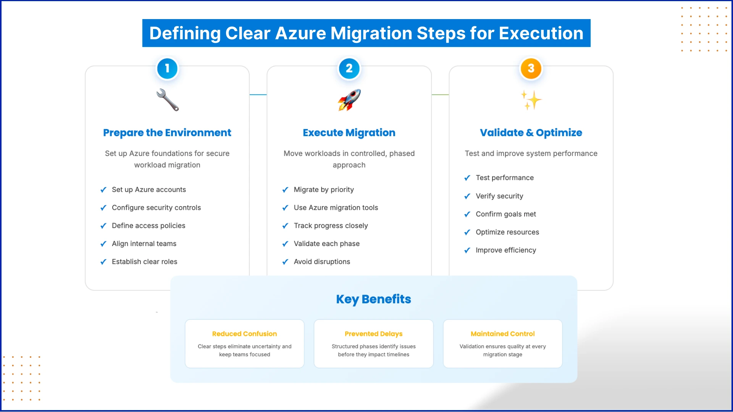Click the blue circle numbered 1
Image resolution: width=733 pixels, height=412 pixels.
tap(167, 69)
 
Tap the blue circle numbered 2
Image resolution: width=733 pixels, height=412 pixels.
tap(349, 69)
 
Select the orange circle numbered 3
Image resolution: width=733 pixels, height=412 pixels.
tap(531, 69)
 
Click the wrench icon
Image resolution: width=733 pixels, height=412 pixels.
tap(168, 100)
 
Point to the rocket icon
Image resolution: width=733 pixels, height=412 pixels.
tap(349, 100)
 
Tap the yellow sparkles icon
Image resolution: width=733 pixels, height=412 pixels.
tap(531, 100)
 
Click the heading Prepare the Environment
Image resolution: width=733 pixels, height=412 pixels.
tap(167, 133)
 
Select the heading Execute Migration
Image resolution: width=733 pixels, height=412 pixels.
tap(349, 133)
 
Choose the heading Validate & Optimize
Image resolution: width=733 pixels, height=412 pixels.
tap(531, 133)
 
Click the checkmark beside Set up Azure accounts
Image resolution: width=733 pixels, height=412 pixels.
tap(103, 190)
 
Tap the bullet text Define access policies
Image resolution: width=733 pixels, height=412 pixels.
tap(149, 225)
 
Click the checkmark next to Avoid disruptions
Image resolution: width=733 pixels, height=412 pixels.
tap(285, 262)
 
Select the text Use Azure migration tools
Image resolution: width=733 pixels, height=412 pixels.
tap(336, 208)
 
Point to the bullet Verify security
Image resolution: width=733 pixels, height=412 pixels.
tap(499, 196)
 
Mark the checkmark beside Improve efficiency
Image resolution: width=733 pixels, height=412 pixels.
tap(467, 251)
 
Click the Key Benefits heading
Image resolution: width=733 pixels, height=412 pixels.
tap(373, 299)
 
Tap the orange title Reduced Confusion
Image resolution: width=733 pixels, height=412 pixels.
tap(244, 334)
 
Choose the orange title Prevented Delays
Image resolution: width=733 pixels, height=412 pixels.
tap(373, 334)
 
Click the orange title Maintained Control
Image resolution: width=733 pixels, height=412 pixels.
tap(502, 334)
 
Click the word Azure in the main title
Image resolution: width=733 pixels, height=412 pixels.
tap(300, 34)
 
